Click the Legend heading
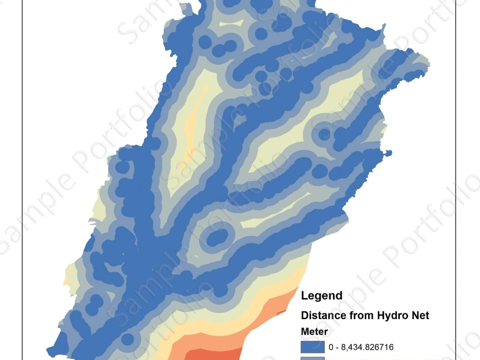[x=322, y=296]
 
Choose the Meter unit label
[x=314, y=331]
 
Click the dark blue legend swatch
[x=312, y=347]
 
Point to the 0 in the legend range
[x=331, y=347]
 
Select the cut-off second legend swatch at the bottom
[x=312, y=358]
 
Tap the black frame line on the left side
[x=23, y=192]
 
